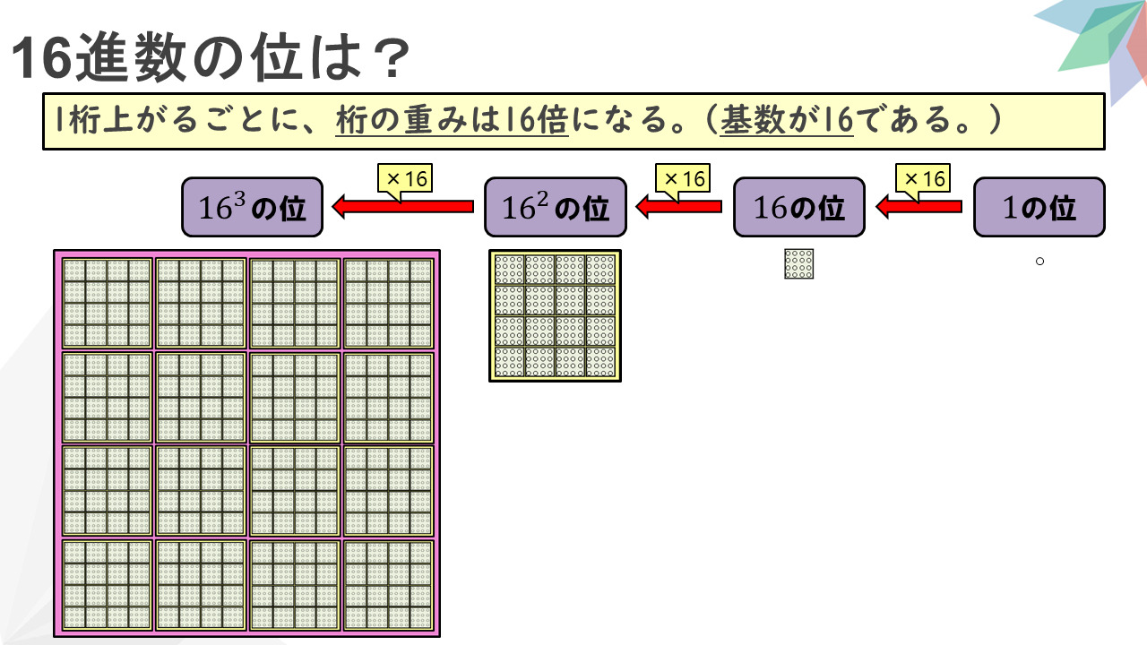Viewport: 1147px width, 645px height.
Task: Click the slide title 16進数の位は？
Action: pyautogui.click(x=211, y=59)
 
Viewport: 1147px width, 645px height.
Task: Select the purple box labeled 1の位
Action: pyautogui.click(x=1039, y=207)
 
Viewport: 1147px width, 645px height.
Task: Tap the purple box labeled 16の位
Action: pyautogui.click(x=799, y=207)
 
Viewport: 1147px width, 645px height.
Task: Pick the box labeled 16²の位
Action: pyautogui.click(x=550, y=207)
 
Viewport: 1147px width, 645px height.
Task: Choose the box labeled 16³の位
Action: pyautogui.click(x=252, y=207)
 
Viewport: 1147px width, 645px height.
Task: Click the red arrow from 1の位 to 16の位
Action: pyautogui.click(x=918, y=207)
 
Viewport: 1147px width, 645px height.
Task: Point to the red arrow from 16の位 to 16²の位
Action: pyautogui.click(x=678, y=207)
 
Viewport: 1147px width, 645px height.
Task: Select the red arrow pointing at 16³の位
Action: pyautogui.click(x=402, y=207)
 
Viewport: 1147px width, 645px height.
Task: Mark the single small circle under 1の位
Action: pyautogui.click(x=1040, y=262)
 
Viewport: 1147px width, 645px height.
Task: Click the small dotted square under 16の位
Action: pyautogui.click(x=798, y=263)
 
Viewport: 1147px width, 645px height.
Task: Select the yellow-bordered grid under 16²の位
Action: pyautogui.click(x=555, y=315)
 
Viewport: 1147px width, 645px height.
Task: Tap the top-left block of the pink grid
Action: pyautogui.click(x=108, y=303)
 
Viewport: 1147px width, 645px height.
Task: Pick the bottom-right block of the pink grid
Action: pyautogui.click(x=388, y=584)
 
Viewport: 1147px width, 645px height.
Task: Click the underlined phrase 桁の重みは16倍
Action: pyautogui.click(x=453, y=121)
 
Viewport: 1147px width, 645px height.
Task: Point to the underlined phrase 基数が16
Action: pyautogui.click(x=787, y=121)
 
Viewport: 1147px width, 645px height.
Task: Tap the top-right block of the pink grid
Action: pyautogui.click(x=388, y=303)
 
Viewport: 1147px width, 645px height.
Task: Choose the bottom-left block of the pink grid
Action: pyautogui.click(x=108, y=584)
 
